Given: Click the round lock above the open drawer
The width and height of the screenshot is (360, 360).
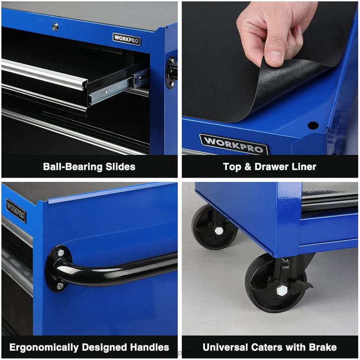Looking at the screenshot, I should click(x=55, y=27).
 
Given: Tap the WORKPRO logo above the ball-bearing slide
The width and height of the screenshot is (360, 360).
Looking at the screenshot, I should click(x=126, y=39).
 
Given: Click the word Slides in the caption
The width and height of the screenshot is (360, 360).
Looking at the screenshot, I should click(x=119, y=167).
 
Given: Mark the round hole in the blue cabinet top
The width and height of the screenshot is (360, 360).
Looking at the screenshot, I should click(x=313, y=126).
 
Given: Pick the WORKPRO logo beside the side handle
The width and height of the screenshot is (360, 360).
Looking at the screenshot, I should click(x=16, y=211).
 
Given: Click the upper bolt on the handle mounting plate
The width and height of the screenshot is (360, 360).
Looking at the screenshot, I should click(x=61, y=252).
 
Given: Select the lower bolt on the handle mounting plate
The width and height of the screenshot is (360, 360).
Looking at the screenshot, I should click(x=60, y=286).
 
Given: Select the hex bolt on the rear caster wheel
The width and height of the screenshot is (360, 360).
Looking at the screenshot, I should click(x=219, y=231).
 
